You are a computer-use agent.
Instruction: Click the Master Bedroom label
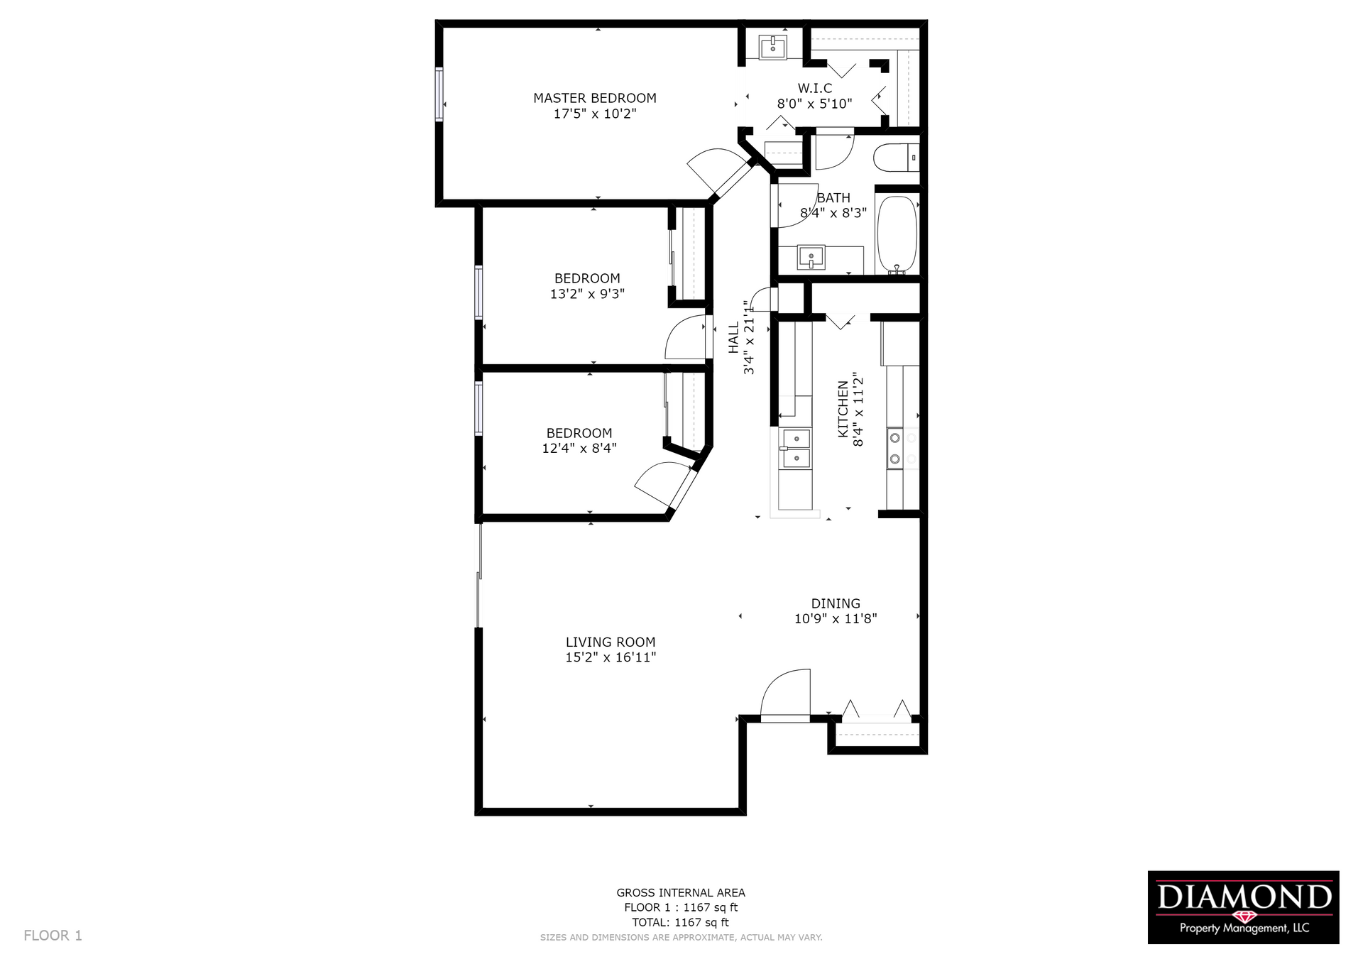coord(594,98)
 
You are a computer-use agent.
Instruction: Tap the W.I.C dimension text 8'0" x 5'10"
coord(814,104)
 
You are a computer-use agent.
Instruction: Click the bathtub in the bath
coord(897,232)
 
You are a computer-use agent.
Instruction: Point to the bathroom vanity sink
coord(811,257)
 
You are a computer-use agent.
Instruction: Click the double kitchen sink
coord(796,449)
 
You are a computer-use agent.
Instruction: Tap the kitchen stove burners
coord(895,449)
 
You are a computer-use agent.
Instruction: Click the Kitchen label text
coord(843,409)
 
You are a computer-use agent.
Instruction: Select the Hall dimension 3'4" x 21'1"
coord(749,337)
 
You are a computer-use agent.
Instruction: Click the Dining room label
coord(836,603)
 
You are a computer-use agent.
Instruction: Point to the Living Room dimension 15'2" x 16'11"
coord(611,657)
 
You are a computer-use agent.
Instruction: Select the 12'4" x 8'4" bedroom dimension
coord(579,448)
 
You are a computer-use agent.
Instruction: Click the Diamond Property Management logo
coord(1243,907)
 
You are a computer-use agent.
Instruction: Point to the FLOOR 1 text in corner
coord(53,936)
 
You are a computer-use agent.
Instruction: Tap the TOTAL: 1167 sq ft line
coord(680,922)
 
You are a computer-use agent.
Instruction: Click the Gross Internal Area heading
coord(680,892)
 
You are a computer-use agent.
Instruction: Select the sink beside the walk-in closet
coord(773,48)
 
